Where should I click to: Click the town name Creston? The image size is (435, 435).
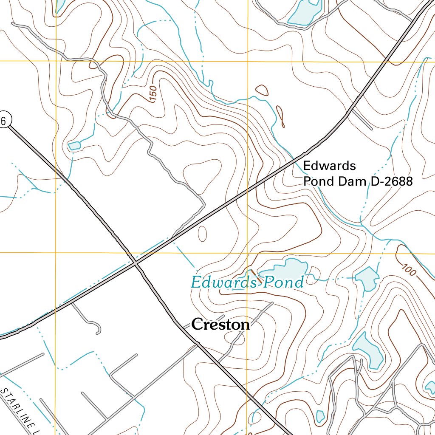pos(220,325)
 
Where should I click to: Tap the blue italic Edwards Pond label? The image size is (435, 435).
pos(247,282)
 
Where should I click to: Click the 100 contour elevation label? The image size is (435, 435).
pos(409,269)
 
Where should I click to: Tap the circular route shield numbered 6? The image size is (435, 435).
pos(3,121)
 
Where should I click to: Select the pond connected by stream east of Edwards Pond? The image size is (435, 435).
pos(367,278)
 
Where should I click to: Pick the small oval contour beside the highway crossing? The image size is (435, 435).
pos(203,233)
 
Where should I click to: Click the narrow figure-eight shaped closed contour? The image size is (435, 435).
pos(280,116)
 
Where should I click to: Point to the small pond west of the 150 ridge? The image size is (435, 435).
pos(74,146)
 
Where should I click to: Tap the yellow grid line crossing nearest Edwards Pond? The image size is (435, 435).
pos(247,253)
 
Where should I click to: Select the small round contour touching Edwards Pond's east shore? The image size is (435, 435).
pos(315,271)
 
